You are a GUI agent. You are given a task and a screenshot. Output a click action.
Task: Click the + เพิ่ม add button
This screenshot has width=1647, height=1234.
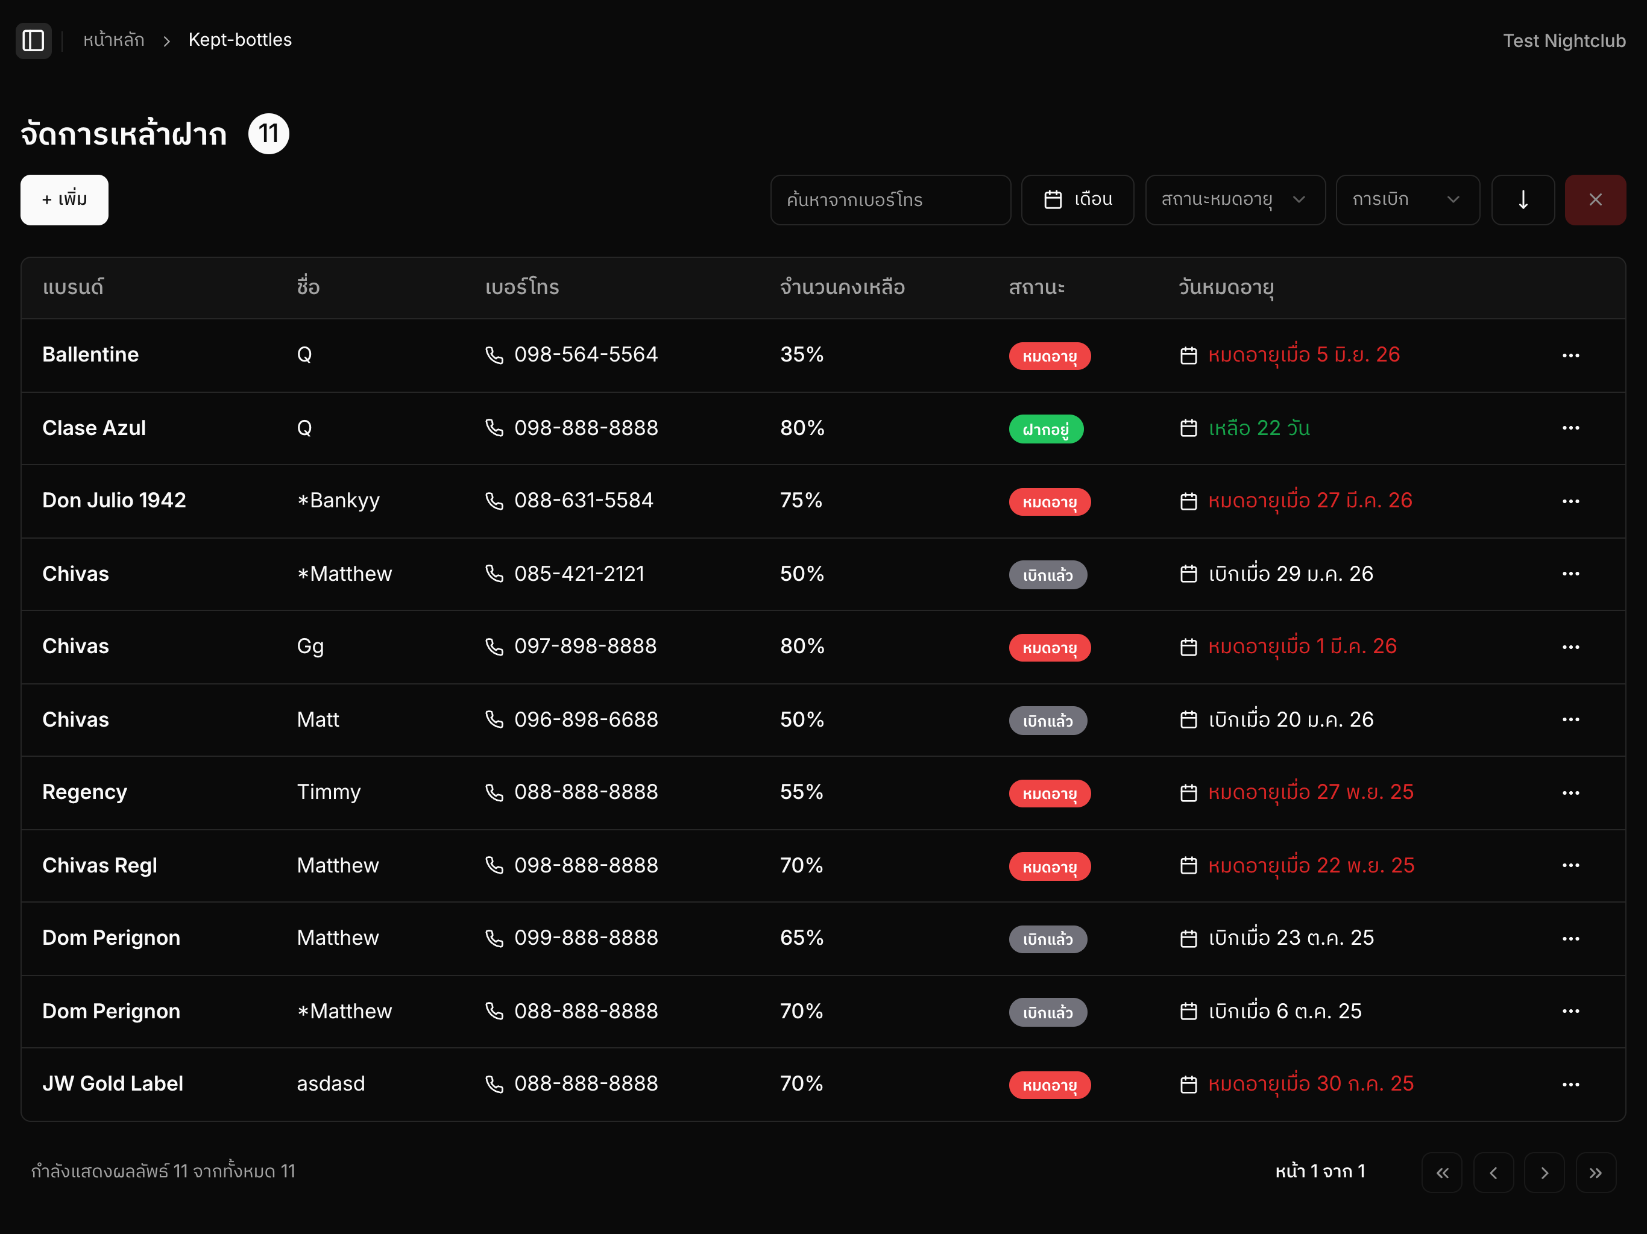tap(64, 199)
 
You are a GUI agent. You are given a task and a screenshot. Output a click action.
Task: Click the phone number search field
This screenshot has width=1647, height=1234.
tap(890, 199)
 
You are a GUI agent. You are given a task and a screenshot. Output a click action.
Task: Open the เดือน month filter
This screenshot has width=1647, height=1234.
tap(1077, 199)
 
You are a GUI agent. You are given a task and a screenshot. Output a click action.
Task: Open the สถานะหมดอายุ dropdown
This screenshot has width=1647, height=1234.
tap(1235, 199)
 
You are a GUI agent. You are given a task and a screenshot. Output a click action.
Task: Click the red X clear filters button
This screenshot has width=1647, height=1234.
tap(1595, 199)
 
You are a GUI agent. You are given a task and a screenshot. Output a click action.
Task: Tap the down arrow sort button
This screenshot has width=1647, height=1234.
tap(1523, 199)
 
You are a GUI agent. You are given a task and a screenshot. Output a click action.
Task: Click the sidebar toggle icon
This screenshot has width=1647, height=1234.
tap(34, 40)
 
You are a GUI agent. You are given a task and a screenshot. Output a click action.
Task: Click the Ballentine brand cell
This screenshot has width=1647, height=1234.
tap(90, 354)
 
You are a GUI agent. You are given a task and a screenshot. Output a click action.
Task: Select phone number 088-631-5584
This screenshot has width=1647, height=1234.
tap(584, 500)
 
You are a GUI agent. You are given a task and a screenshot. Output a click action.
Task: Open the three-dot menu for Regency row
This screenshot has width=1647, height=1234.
tap(1570, 793)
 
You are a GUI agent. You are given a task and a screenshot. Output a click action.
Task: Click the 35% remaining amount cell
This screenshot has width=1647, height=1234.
tap(802, 354)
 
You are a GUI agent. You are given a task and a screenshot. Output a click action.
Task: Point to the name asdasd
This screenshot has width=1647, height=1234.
tap(330, 1083)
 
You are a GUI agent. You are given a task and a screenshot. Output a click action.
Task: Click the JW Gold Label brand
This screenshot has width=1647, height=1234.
tap(112, 1083)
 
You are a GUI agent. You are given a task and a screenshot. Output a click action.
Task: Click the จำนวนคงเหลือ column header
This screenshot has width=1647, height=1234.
tap(842, 287)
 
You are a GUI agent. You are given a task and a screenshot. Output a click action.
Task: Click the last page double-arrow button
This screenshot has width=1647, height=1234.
tap(1596, 1172)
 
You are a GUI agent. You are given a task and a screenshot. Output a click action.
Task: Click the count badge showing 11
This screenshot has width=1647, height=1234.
tap(269, 134)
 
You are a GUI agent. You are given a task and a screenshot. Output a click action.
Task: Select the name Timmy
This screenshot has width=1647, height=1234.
tap(329, 792)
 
